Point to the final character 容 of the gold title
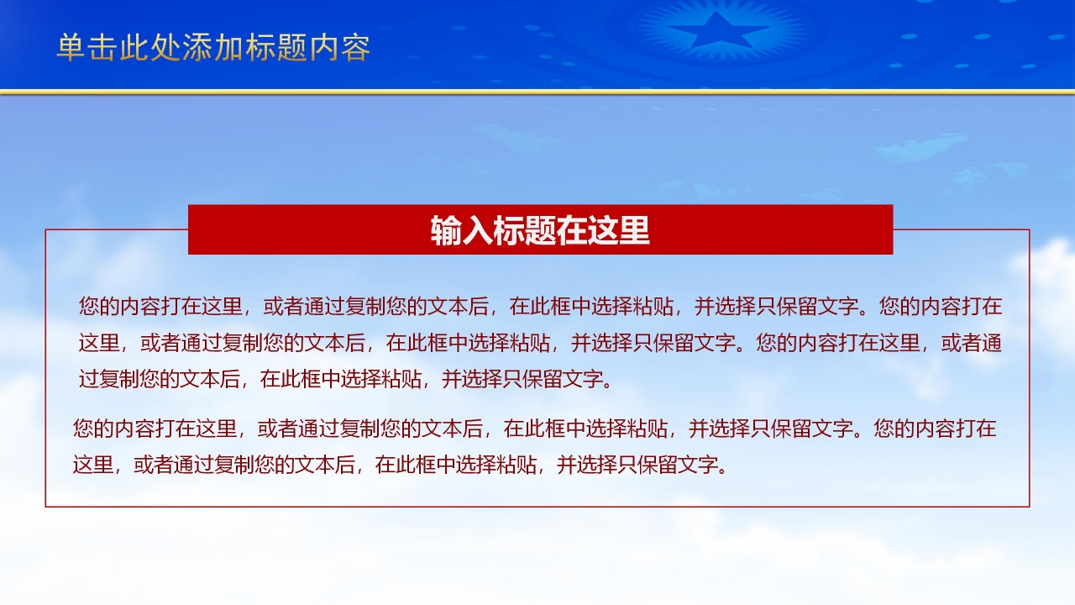(x=356, y=48)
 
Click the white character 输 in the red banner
(x=446, y=230)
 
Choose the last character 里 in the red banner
(x=635, y=230)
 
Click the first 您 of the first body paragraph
(x=90, y=307)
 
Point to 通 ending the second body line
(x=992, y=343)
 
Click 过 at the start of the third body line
(x=89, y=379)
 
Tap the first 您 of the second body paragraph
(x=83, y=429)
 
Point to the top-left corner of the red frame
(x=45, y=229)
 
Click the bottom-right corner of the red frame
(x=1029, y=507)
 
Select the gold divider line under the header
(x=537, y=91)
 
